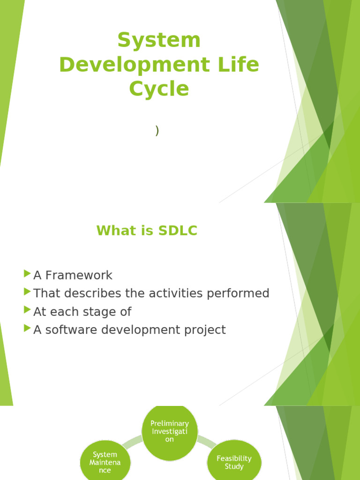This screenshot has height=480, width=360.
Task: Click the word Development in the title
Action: [x=135, y=64]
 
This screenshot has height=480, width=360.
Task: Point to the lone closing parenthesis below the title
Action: [x=157, y=130]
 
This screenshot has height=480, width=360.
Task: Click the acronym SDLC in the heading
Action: [x=178, y=231]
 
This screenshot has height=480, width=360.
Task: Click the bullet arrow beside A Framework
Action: [x=27, y=273]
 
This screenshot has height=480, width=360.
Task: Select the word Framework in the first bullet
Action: [x=79, y=275]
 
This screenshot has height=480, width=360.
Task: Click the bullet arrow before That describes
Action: [x=27, y=292]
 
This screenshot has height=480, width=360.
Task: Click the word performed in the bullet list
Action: [x=238, y=294]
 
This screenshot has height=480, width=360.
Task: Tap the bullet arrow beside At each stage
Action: [x=27, y=310]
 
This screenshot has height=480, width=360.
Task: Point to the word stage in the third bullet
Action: [x=100, y=312]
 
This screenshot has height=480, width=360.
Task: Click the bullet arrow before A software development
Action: [x=27, y=328]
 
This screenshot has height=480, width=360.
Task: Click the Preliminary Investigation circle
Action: [x=170, y=432]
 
